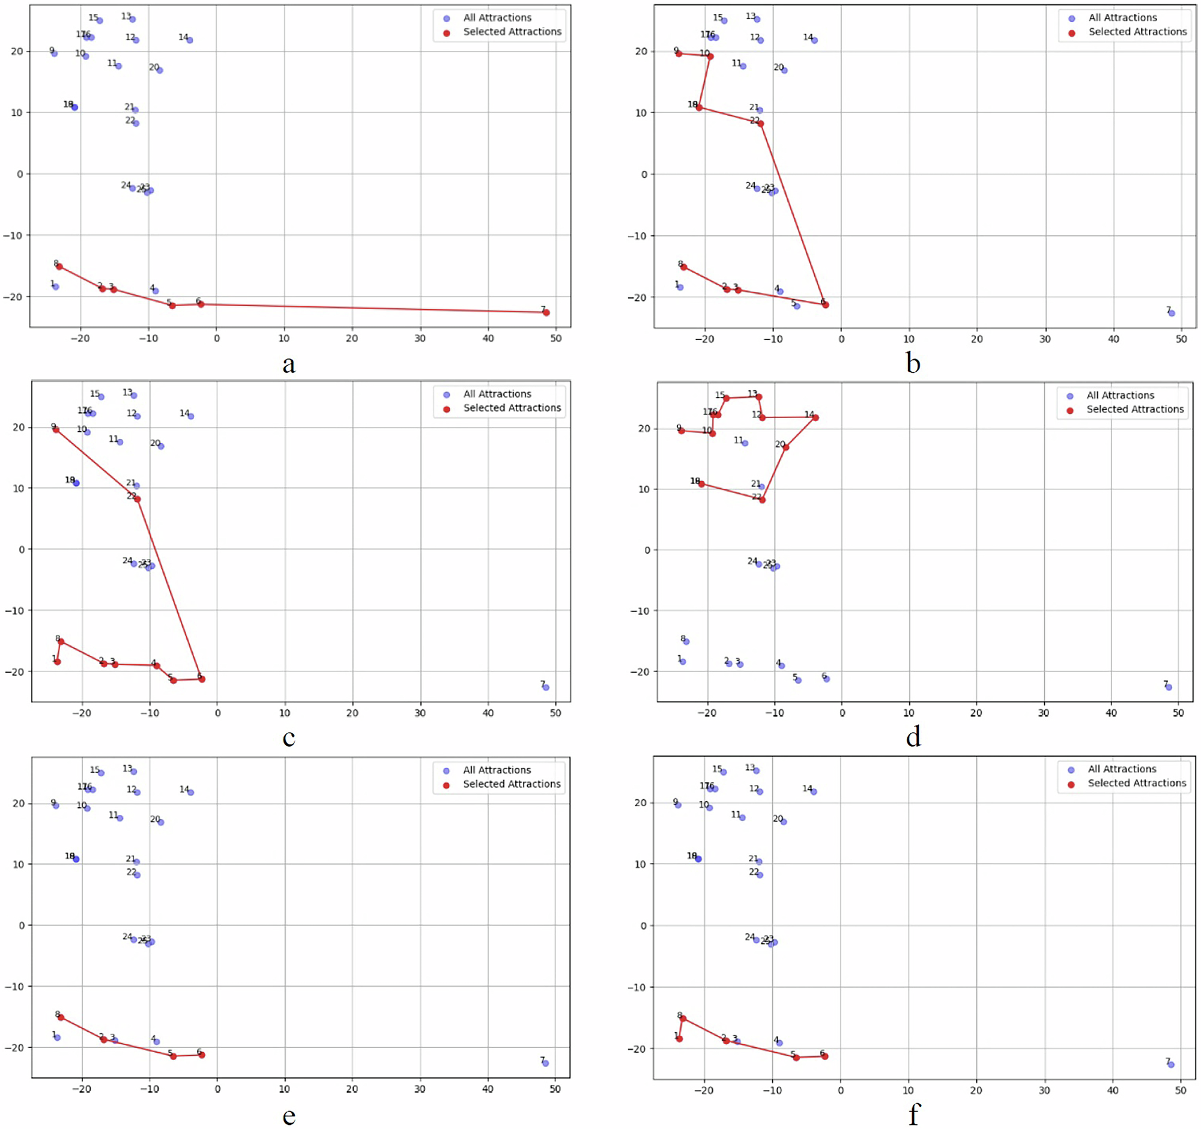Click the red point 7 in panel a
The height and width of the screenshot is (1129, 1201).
[546, 312]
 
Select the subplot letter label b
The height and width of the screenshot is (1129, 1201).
[913, 364]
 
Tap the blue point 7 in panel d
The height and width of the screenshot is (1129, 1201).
[1169, 687]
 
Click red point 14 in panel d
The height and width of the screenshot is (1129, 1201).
[815, 417]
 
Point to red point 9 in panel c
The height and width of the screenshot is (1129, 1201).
[56, 429]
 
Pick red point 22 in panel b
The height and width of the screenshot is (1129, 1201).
[761, 124]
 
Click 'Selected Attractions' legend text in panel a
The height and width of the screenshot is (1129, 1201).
[512, 31]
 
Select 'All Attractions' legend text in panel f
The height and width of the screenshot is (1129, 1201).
[1122, 769]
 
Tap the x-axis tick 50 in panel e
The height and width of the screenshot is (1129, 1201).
[555, 1089]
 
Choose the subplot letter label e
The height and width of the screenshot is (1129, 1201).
[289, 1115]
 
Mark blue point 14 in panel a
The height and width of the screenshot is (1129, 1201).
[190, 40]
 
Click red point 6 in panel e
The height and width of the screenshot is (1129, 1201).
[202, 1055]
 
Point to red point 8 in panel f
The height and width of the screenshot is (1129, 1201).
[683, 1019]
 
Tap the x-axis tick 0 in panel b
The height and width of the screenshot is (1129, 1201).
[841, 339]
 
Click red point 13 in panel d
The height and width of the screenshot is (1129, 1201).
[759, 397]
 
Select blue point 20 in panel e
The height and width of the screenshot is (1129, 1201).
[161, 822]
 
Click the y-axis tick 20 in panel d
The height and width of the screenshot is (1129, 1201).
[643, 428]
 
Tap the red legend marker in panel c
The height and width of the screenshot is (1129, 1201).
[446, 409]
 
